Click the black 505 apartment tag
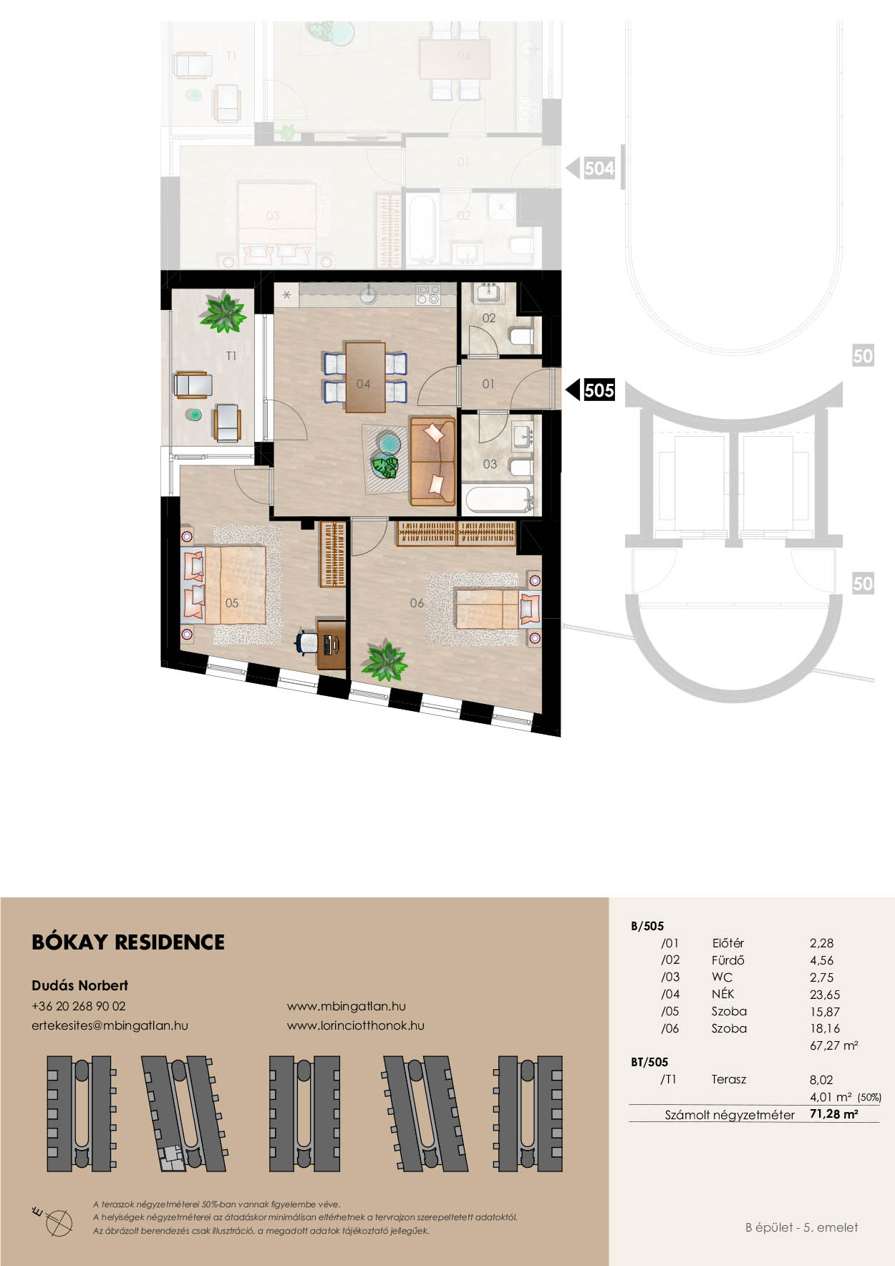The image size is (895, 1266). (599, 390)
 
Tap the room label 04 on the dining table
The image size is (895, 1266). (364, 384)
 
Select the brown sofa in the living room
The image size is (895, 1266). (432, 461)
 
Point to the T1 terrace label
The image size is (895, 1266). (231, 356)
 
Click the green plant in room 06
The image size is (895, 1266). (384, 661)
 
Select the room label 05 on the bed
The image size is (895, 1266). (232, 603)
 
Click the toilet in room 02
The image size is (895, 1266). (521, 336)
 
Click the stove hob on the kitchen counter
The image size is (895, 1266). (428, 294)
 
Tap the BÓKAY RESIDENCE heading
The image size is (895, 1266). (128, 942)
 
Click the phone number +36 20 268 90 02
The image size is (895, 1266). (79, 1006)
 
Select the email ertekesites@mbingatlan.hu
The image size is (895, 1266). (110, 1025)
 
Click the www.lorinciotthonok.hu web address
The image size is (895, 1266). (356, 1025)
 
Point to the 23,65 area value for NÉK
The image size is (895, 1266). (825, 995)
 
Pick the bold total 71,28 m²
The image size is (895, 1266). (834, 1114)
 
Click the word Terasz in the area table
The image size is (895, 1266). (729, 1080)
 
